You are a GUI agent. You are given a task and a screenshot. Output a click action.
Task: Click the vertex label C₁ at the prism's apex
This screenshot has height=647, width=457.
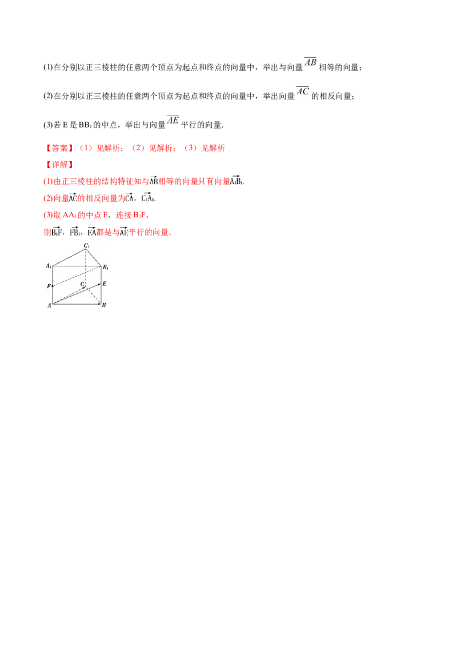tap(87, 246)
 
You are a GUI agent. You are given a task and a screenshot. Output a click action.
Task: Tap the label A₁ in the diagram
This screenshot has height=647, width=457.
tap(49, 266)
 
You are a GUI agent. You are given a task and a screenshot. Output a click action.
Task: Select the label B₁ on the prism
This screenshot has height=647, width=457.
tap(106, 267)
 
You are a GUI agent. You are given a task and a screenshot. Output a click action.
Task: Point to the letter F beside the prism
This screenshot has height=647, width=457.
tap(49, 285)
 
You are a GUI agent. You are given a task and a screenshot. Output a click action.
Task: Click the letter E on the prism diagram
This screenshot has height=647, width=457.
tap(105, 283)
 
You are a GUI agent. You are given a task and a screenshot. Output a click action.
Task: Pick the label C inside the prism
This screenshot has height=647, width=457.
tap(82, 283)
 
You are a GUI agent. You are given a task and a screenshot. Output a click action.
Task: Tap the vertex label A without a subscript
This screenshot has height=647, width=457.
tap(49, 306)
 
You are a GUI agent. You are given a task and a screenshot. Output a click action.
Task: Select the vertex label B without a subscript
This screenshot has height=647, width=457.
tap(104, 306)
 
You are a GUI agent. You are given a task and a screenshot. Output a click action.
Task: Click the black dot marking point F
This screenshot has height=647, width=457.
tap(53, 285)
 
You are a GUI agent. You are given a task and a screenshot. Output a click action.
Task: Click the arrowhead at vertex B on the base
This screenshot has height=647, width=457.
tap(99, 303)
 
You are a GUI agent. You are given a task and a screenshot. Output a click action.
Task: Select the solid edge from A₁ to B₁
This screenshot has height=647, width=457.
tap(77, 266)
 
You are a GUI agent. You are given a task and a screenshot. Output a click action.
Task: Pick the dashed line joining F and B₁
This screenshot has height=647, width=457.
tap(77, 275)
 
